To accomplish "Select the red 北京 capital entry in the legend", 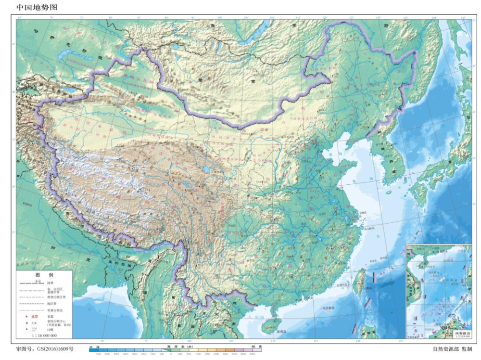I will coord(34,317).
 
